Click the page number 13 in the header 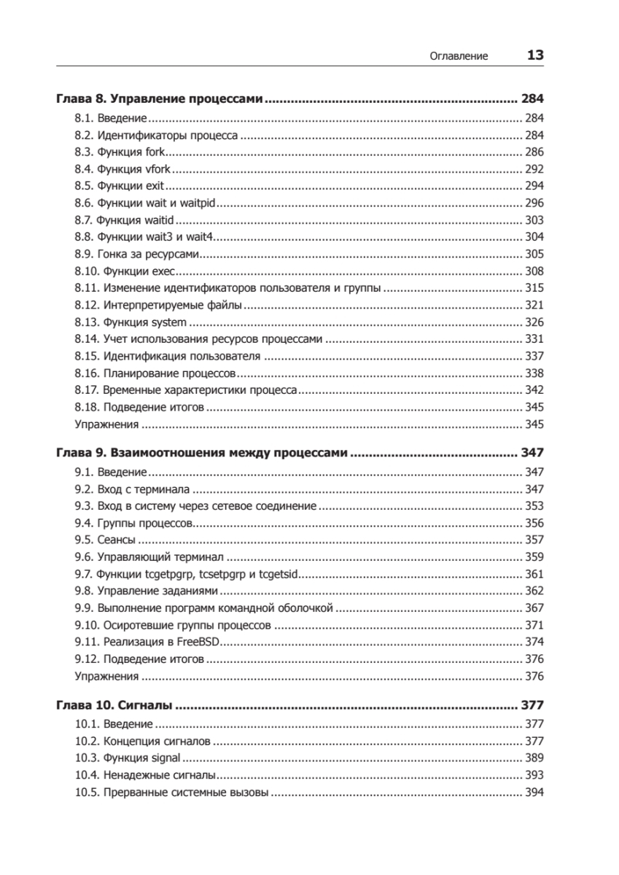pyautogui.click(x=534, y=55)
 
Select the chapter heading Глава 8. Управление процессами pyautogui.click(x=159, y=99)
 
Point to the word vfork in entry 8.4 pyautogui.click(x=158, y=169)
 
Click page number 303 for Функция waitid pyautogui.click(x=534, y=219)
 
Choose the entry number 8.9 pyautogui.click(x=84, y=254)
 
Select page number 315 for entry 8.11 pyautogui.click(x=534, y=288)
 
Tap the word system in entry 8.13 pyautogui.click(x=170, y=322)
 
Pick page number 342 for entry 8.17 pyautogui.click(x=534, y=389)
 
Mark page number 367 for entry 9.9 pyautogui.click(x=534, y=607)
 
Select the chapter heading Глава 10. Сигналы pyautogui.click(x=114, y=706)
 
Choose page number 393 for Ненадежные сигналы pyautogui.click(x=534, y=775)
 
